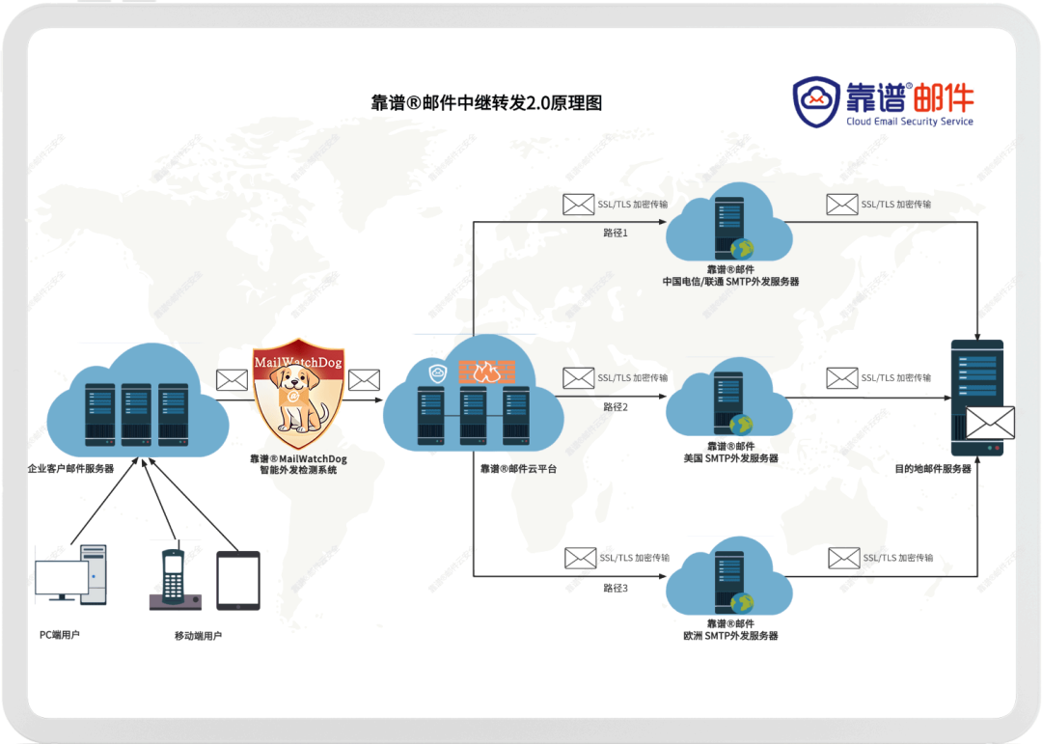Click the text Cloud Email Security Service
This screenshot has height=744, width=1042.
tap(910, 122)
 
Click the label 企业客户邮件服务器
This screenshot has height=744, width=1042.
tap(70, 469)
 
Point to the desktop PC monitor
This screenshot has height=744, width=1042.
tap(62, 578)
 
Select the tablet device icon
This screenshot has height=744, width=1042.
tap(238, 580)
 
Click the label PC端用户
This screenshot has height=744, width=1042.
tap(60, 634)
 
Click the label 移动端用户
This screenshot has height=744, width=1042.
tap(198, 636)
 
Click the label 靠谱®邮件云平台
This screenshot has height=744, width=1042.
tap(518, 469)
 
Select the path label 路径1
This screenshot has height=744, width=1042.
tap(616, 233)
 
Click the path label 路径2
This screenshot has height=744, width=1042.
tap(616, 407)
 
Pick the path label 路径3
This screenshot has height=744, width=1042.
tap(616, 588)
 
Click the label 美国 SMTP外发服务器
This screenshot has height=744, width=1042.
tap(729, 458)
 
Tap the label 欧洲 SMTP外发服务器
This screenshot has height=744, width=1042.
tap(729, 636)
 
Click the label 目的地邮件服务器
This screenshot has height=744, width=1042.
tap(932, 469)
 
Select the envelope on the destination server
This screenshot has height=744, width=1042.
tap(990, 423)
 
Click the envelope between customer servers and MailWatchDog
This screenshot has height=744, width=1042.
tap(232, 380)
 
